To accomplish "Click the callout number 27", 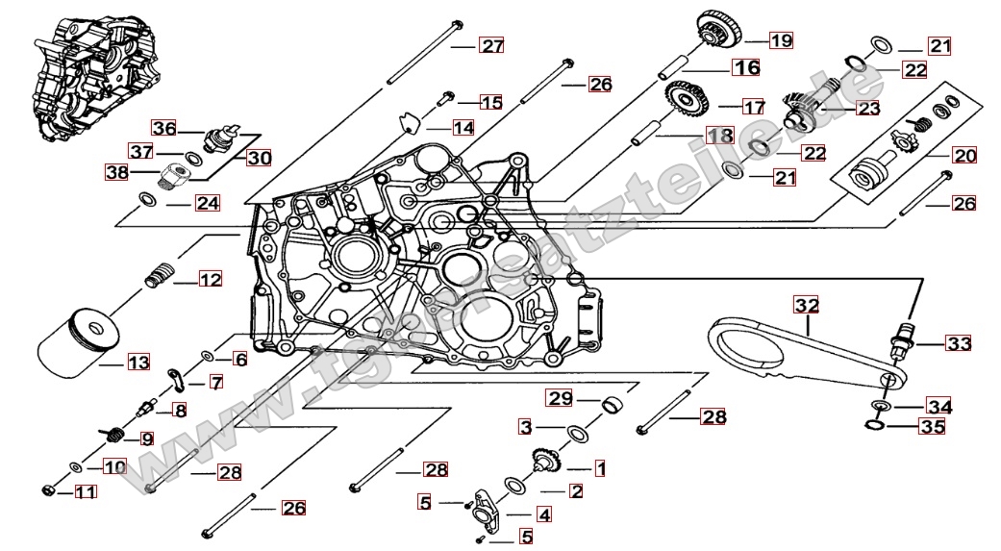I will click(492, 46).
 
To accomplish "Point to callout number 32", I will click(806, 306).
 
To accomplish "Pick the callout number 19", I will click(780, 40).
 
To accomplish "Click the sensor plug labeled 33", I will click(905, 339).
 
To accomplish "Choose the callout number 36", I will click(164, 128).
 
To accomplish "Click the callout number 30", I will click(259, 158).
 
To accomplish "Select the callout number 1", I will click(600, 469).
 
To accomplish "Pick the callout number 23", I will click(868, 109).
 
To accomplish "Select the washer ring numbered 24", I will click(148, 199).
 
